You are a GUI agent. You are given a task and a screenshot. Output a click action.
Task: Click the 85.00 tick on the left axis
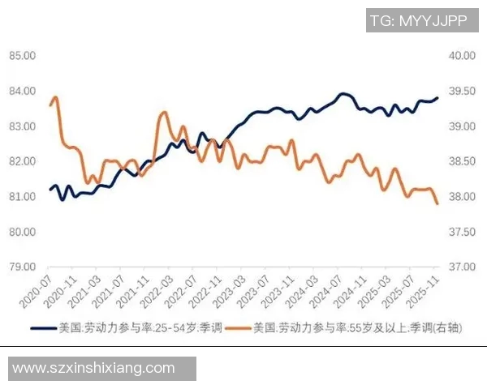tap(21, 56)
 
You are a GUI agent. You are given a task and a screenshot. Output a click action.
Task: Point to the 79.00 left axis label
tap(21, 267)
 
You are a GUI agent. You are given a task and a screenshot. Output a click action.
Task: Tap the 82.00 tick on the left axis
tap(21, 161)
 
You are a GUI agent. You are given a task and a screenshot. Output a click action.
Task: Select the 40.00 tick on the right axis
tap(460, 56)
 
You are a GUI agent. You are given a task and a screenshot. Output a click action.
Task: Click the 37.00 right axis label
tap(460, 267)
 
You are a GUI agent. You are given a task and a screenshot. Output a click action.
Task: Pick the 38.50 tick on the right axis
tap(460, 161)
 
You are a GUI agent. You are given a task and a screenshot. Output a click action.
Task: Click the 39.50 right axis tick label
tap(460, 91)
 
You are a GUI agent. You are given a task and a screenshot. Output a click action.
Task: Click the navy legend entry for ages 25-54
tap(122, 328)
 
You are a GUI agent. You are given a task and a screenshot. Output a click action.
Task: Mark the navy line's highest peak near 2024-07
tap(343, 94)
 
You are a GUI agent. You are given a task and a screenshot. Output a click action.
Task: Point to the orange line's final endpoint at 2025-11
tap(437, 203)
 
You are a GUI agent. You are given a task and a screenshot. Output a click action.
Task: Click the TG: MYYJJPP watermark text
tap(418, 21)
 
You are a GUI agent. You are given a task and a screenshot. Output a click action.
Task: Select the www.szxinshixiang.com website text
tap(94, 368)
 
